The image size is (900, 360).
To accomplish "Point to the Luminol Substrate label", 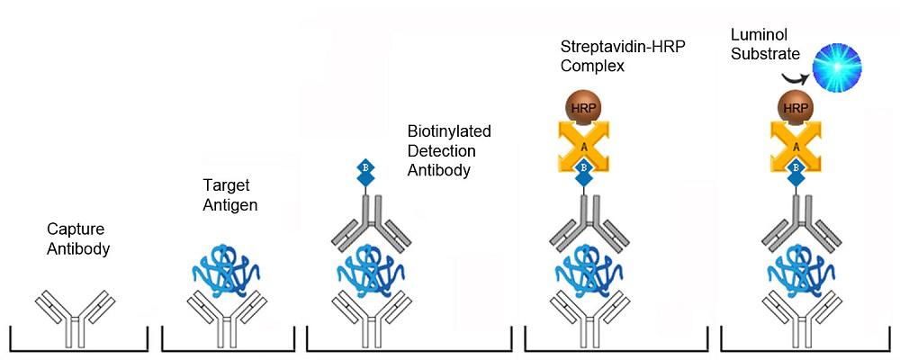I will click(767, 47).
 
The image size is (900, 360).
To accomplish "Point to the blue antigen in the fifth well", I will click(795, 269).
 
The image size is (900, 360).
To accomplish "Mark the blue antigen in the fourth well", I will click(583, 269).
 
